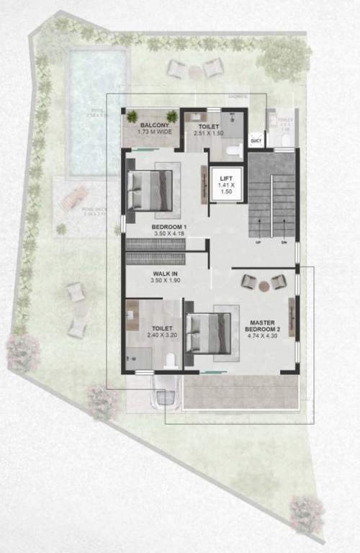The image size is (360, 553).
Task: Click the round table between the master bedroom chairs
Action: [x=264, y=286]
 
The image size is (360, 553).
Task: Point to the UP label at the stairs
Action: [x=257, y=243]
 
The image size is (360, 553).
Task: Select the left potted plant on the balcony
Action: [x=132, y=116]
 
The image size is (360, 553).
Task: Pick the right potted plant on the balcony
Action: [x=171, y=116]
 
